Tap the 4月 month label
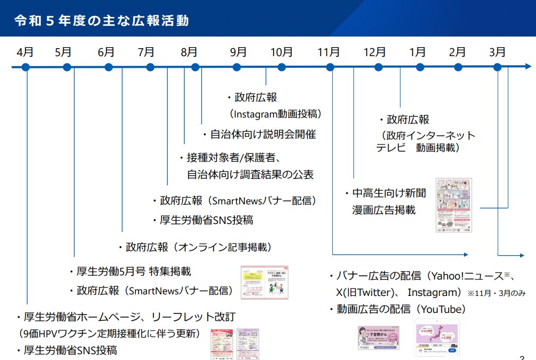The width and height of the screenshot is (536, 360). (x=25, y=52)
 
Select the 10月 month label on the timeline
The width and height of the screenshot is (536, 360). (x=281, y=52)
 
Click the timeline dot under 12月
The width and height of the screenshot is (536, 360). (x=378, y=67)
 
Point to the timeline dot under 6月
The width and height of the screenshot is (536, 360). (x=108, y=67)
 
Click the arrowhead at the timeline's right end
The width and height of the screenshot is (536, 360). (x=528, y=67)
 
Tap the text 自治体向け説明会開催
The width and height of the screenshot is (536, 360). (x=262, y=134)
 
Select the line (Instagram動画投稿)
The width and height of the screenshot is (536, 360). (x=275, y=114)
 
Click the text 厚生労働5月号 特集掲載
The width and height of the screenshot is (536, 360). (x=134, y=272)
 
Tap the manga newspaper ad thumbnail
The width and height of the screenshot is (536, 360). (x=453, y=205)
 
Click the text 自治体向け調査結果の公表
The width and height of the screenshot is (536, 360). (x=250, y=174)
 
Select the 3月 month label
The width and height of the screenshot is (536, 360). (x=497, y=52)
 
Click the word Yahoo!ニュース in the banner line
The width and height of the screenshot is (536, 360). (x=469, y=276)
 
